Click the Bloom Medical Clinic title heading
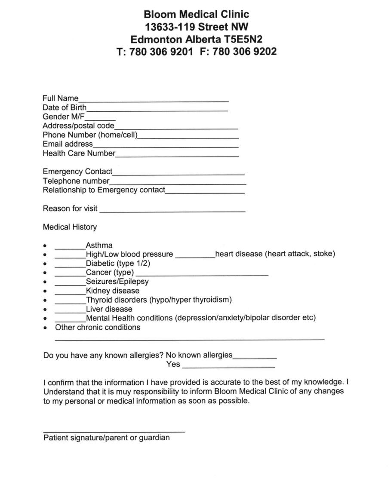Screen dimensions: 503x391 pos(196,15)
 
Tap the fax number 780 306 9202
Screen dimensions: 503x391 pos(238,52)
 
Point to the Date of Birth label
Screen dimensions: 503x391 pos(65,107)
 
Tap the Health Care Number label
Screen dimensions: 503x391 pos(79,153)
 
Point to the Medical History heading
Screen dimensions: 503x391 pos(70,227)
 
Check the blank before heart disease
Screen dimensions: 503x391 pos(195,256)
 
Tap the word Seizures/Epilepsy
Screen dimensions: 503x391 pos(117,282)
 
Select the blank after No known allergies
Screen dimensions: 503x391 pos(255,357)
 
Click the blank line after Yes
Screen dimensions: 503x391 pos(228,367)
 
